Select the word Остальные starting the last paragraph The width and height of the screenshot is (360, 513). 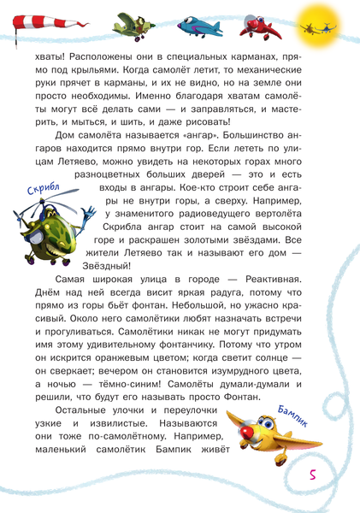coord(86,410)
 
